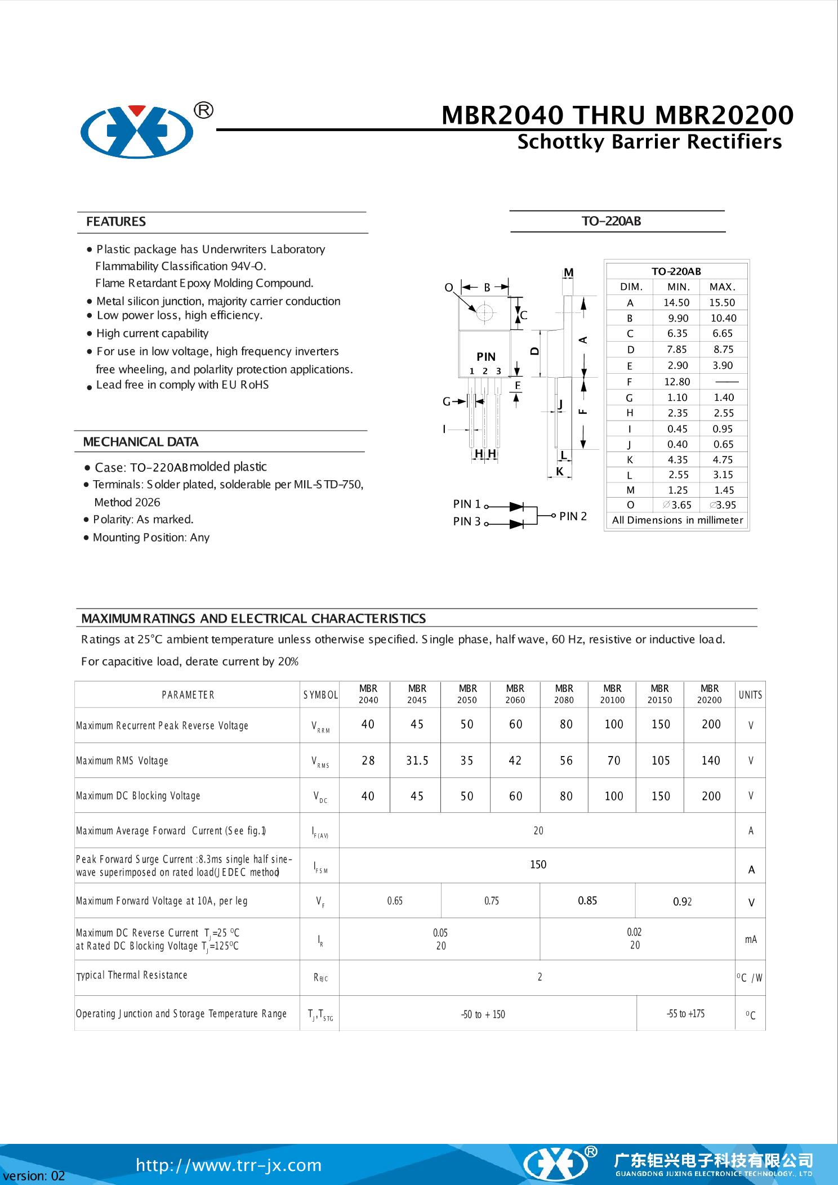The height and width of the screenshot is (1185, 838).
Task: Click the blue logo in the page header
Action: [x=137, y=132]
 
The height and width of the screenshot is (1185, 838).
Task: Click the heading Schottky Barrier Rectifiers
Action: [x=649, y=142]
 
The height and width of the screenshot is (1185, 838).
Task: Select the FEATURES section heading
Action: [x=116, y=222]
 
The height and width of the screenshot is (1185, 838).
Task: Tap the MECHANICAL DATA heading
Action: [x=141, y=442]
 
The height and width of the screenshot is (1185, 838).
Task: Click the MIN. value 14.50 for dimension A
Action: [x=676, y=303]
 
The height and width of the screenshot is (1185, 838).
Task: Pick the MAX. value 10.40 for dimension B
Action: [x=723, y=318]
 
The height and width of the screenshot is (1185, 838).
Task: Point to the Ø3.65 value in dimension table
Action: [x=677, y=505]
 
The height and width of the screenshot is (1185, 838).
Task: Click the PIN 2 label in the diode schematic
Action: [x=573, y=516]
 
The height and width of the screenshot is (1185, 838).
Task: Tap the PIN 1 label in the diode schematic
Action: [x=467, y=504]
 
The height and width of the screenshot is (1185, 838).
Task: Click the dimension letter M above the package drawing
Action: [x=569, y=272]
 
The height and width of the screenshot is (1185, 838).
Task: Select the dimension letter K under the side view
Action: [x=560, y=472]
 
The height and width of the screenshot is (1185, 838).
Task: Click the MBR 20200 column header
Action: [x=710, y=694]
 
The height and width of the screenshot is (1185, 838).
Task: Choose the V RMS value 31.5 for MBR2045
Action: [x=417, y=761]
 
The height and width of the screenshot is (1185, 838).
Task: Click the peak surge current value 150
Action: [x=538, y=865]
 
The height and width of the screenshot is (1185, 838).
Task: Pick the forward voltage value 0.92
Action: [x=683, y=902]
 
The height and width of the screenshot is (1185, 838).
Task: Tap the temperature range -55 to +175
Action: [x=685, y=1014]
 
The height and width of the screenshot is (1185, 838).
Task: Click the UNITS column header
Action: [x=750, y=695]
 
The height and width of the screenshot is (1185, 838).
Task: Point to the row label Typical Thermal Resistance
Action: [x=132, y=976]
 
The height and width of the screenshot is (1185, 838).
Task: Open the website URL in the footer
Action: [x=229, y=1165]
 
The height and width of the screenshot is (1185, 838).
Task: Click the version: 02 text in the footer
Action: [x=34, y=1176]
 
